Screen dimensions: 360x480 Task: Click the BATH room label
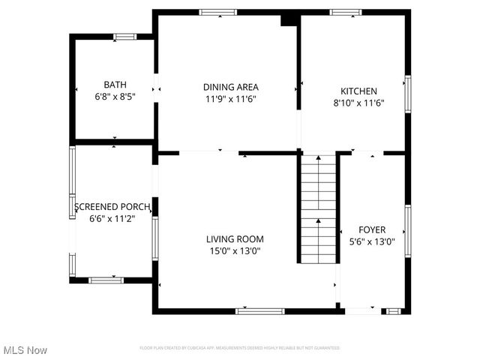pos(115,85)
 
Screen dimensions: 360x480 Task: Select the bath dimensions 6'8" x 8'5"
pos(115,97)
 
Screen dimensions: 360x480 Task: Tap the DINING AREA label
pos(231,87)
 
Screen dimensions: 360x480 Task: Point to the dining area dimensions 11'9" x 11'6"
pos(231,99)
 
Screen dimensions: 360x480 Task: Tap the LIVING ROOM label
pos(235,239)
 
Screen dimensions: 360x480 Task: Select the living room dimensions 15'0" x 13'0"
pos(235,251)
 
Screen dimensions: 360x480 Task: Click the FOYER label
pos(372,230)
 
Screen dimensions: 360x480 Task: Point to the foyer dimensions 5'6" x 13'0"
pos(372,242)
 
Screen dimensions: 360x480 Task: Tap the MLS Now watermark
pos(25,350)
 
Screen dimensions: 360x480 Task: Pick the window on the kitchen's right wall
pos(408,91)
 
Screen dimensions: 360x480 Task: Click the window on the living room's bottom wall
pos(259,310)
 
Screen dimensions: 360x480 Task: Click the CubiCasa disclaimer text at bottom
pos(240,348)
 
